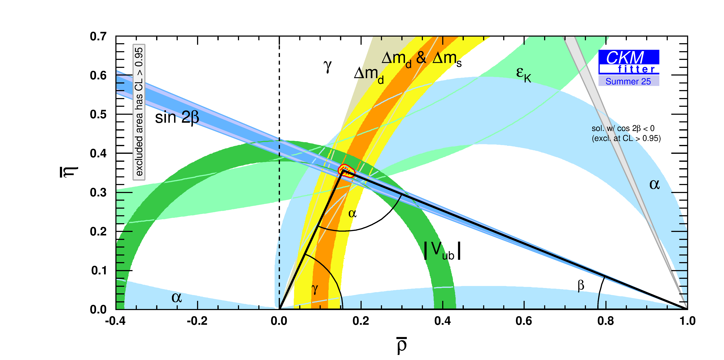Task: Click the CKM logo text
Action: tap(625, 58)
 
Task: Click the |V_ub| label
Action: tap(442, 251)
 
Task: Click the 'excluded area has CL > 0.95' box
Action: tap(139, 112)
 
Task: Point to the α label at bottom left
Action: tap(177, 297)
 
